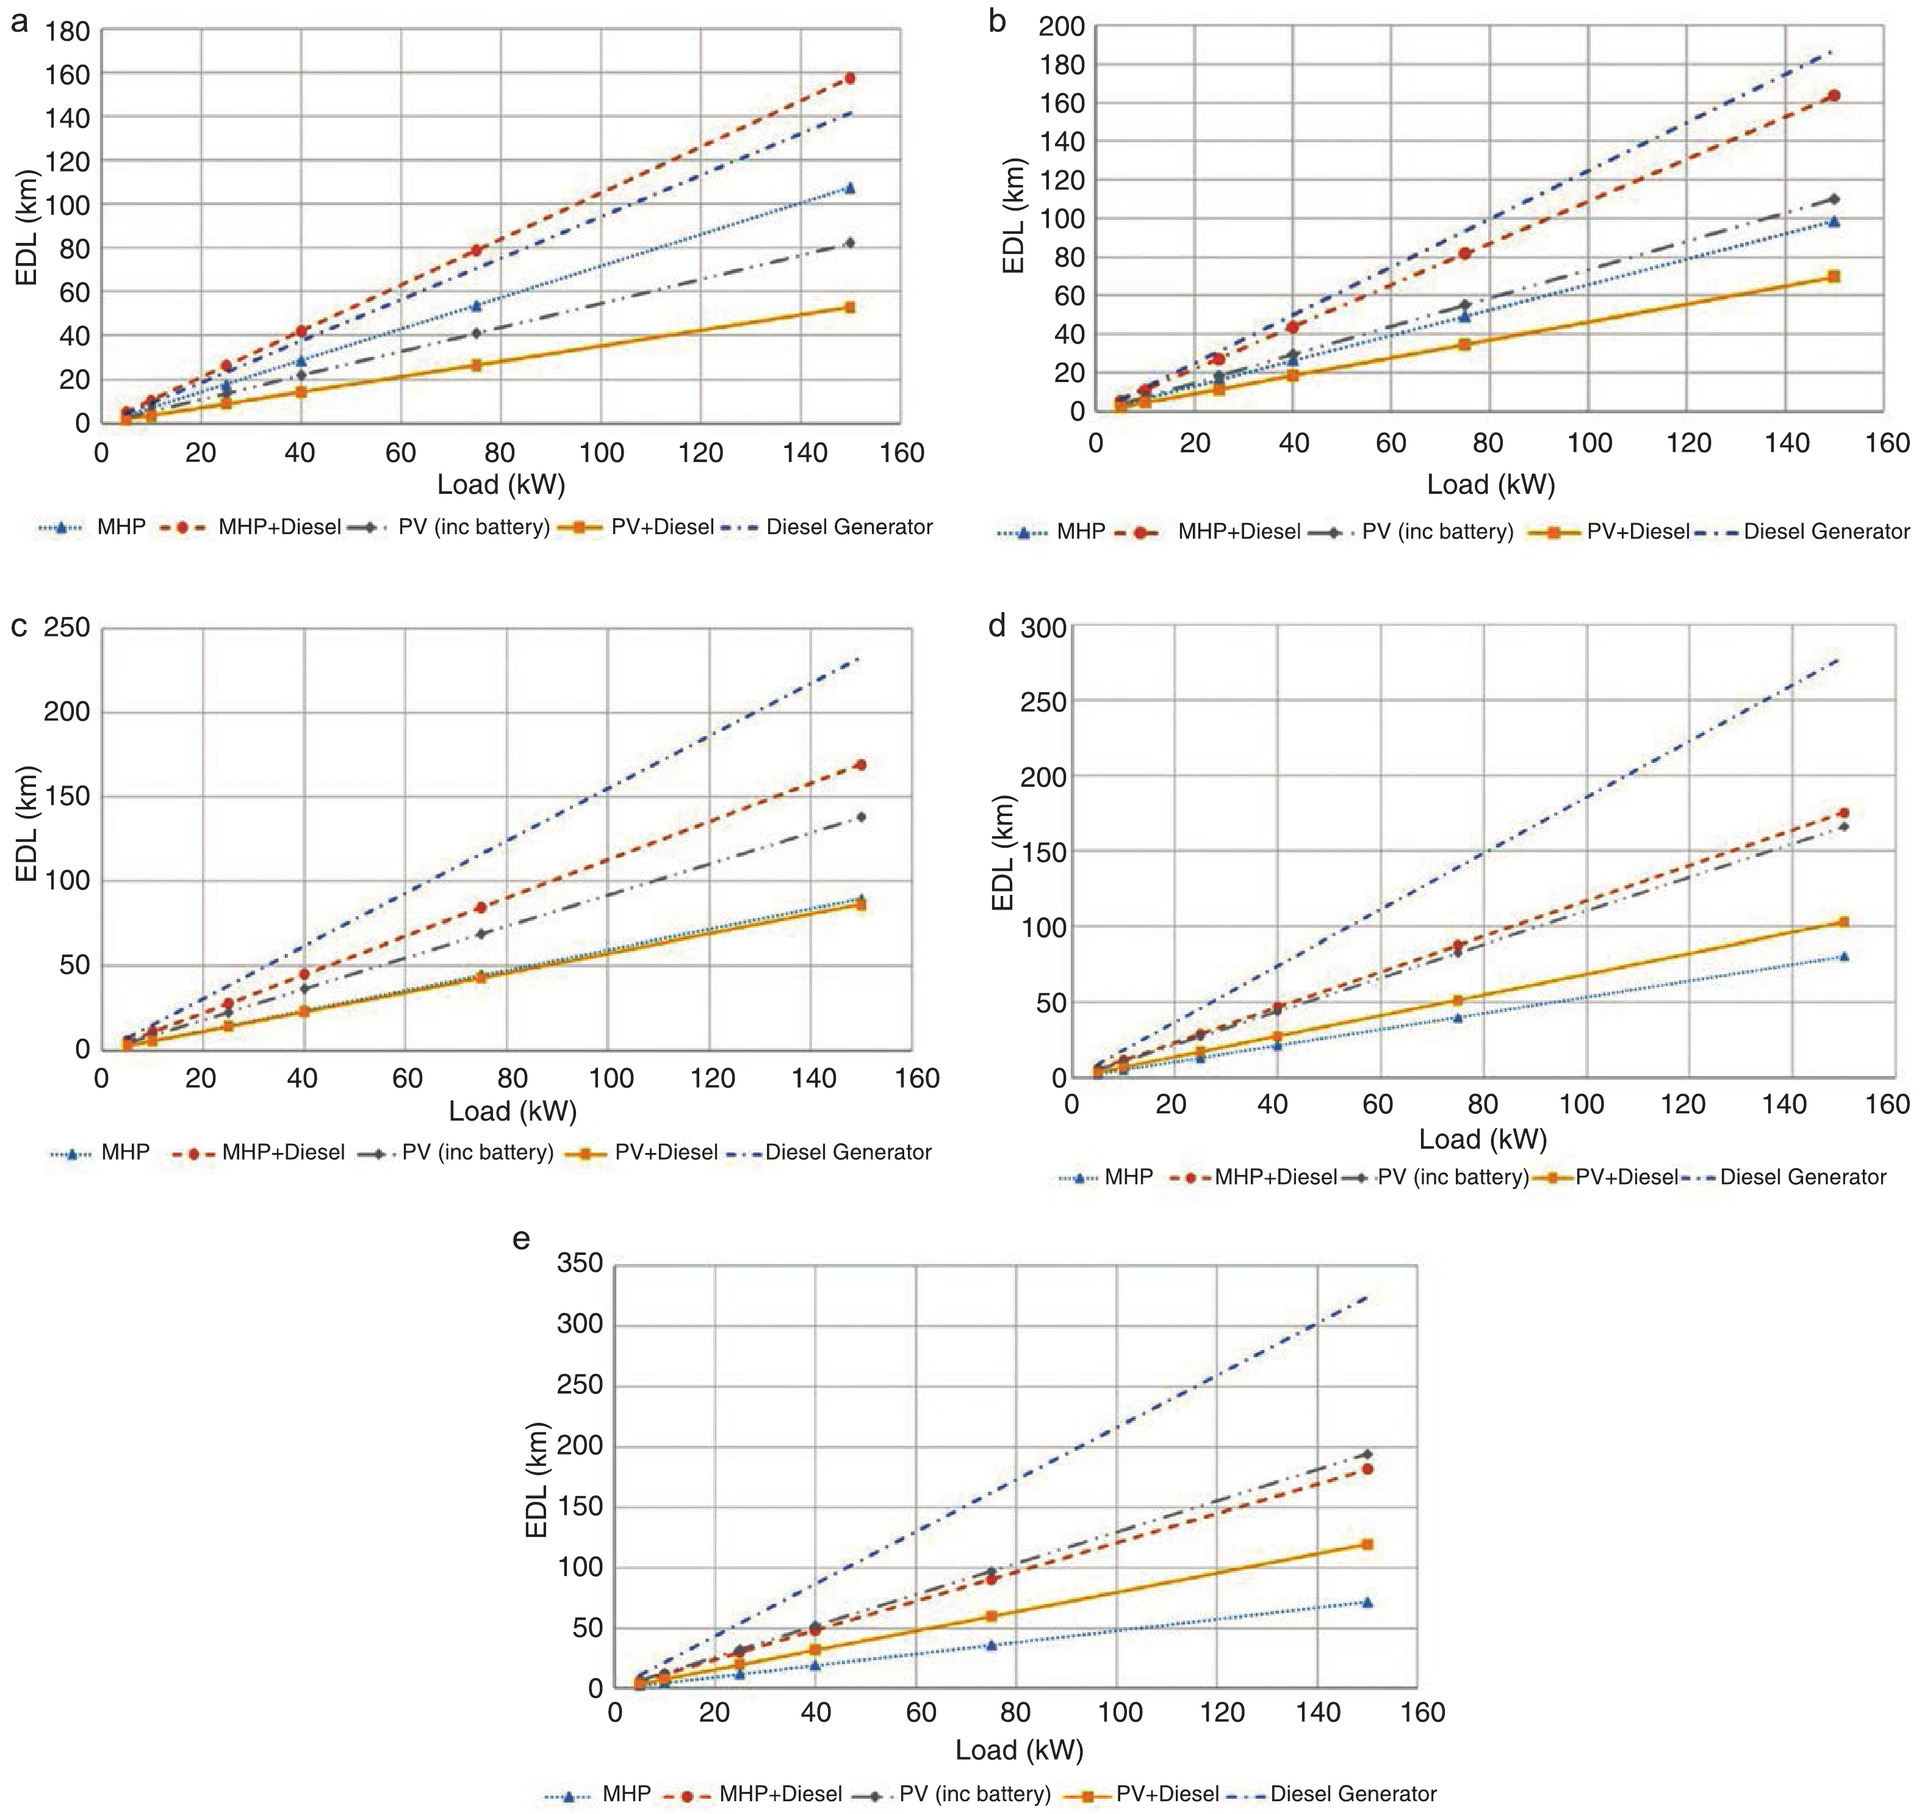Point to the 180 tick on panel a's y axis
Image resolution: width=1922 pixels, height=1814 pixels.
pos(68,32)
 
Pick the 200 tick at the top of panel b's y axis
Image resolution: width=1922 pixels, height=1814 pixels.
pos(1062,26)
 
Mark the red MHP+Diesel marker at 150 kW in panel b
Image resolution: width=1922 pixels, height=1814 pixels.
pos(1834,96)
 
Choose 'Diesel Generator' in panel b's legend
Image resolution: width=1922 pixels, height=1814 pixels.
pos(1826,531)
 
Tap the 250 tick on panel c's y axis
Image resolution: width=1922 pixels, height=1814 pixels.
pos(68,629)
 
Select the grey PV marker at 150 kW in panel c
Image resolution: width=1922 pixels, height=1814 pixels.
pos(860,817)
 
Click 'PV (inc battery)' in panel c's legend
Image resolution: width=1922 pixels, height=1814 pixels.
pos(478,1152)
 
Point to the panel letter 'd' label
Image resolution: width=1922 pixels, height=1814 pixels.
pos(998,627)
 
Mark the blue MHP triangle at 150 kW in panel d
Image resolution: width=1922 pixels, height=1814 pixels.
pos(1844,956)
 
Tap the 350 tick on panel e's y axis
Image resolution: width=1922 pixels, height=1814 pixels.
pos(580,1264)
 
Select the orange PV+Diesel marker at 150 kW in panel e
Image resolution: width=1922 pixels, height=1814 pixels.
pos(1367,1544)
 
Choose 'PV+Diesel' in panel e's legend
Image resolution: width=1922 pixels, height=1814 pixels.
pos(1167,1794)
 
